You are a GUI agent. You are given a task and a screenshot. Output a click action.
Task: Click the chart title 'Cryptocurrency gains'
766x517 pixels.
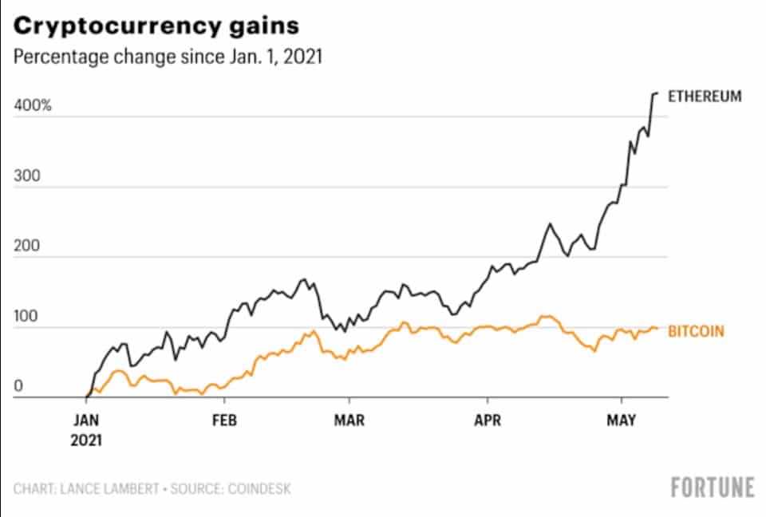tap(156, 26)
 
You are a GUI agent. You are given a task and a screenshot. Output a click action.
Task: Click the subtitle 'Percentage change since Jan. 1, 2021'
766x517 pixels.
tap(168, 59)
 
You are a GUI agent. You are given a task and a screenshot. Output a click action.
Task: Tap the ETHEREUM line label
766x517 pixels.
tap(705, 97)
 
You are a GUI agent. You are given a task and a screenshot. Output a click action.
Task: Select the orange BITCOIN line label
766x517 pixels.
tap(696, 330)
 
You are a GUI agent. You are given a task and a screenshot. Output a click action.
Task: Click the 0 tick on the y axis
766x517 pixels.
tap(19, 385)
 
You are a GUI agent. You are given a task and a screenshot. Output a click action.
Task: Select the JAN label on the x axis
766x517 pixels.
tap(86, 421)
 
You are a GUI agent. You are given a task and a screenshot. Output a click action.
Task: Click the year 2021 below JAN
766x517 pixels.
tap(87, 439)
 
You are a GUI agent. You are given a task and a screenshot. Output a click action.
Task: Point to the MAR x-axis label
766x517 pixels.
tap(349, 421)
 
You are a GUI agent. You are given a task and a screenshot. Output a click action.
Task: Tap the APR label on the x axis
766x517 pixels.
tap(487, 421)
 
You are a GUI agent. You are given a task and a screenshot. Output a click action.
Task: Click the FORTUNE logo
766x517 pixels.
tap(713, 487)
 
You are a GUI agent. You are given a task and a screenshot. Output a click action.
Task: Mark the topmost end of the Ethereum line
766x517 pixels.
tap(656, 93)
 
